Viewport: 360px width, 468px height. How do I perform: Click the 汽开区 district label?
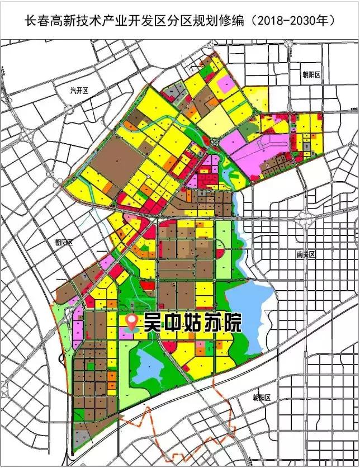[80, 90]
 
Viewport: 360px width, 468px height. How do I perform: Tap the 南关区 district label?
[306, 254]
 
